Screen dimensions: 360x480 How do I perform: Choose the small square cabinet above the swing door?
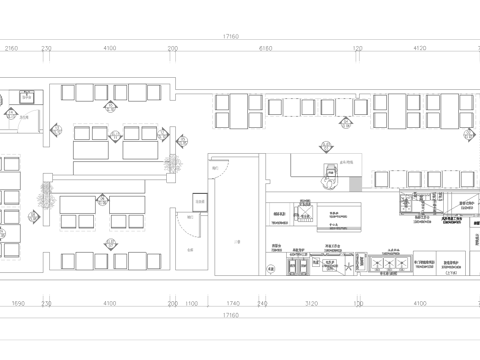click(200, 203)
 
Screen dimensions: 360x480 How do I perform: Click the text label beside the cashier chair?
click(348, 161)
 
